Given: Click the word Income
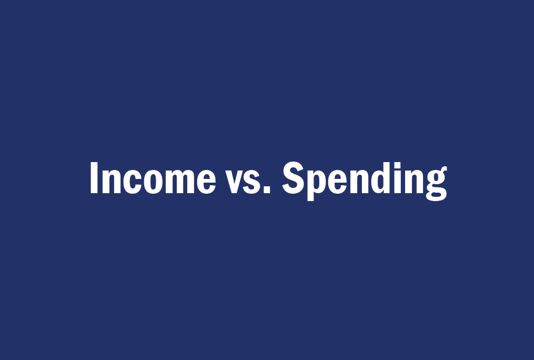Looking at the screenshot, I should (150, 178).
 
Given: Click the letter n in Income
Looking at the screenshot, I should (112, 182).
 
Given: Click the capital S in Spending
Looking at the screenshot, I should (294, 178).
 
